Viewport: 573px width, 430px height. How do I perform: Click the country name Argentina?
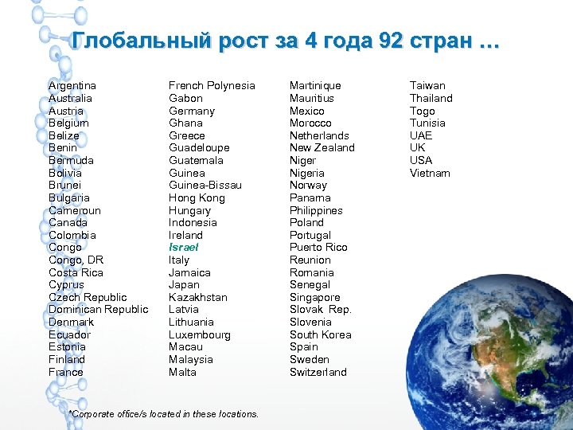(x=72, y=85)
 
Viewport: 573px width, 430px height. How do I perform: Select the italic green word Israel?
(x=184, y=248)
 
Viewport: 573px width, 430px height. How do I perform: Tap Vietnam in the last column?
(x=430, y=173)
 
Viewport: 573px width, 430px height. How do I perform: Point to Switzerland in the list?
(x=318, y=372)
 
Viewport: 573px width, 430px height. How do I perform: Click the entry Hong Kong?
(x=197, y=197)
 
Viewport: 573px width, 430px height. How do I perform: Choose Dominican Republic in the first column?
(x=98, y=309)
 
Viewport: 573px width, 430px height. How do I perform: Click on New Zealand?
(x=322, y=147)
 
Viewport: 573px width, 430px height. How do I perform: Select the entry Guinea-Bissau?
(x=205, y=185)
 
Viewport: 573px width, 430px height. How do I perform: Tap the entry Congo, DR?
(x=76, y=260)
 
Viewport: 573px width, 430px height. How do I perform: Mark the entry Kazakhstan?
(x=198, y=297)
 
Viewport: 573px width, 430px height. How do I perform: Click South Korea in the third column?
(x=321, y=334)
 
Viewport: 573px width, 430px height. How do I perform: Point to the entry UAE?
(x=421, y=135)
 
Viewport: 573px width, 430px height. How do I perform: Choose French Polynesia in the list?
(x=212, y=85)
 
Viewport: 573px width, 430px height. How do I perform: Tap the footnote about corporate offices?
(x=164, y=414)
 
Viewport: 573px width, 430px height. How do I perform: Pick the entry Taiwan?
(x=427, y=85)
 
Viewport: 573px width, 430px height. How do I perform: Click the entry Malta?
(x=182, y=372)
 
